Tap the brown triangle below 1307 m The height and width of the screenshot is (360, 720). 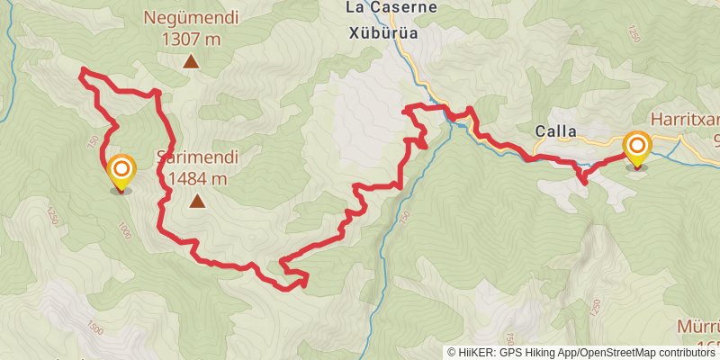[x=191, y=61]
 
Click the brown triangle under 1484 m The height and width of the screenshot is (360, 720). [x=196, y=202]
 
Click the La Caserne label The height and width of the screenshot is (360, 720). [x=391, y=8]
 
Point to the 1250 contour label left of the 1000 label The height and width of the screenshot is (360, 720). [x=51, y=216]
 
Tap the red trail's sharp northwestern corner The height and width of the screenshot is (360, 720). [x=83, y=70]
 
